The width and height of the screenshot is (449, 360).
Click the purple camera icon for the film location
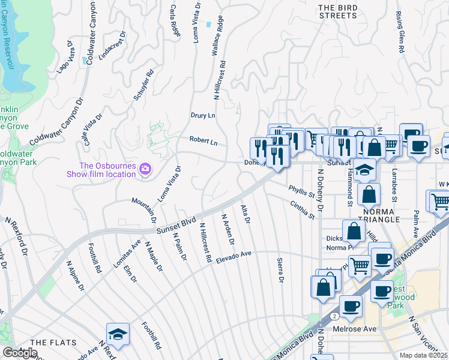coord(145,169)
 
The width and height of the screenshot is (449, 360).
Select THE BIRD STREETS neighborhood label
coord(338,11)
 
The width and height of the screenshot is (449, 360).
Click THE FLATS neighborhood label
coord(53,342)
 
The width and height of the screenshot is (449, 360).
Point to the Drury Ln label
coord(203,115)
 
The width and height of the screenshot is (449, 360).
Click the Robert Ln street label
coord(203,141)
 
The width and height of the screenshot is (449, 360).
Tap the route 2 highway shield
coord(334,314)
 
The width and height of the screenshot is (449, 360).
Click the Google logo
coord(20,353)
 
